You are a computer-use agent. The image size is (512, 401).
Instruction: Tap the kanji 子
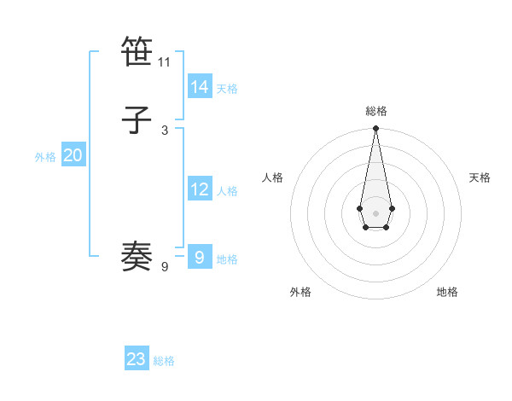point(137,120)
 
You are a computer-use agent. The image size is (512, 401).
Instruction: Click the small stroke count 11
point(164,63)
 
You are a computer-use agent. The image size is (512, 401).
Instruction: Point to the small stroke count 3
point(165,130)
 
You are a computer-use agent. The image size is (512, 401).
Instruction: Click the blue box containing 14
point(200,87)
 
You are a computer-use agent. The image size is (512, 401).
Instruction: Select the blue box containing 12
point(200,189)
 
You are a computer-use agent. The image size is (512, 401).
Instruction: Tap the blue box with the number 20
point(73,155)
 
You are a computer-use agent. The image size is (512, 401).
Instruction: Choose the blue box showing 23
point(137,359)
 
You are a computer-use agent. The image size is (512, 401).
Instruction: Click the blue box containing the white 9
point(200,257)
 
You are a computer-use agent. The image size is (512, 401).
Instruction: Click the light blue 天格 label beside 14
point(227,89)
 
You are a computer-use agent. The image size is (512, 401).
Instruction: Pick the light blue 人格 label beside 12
point(227,191)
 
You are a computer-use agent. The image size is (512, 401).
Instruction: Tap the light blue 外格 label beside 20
point(45,157)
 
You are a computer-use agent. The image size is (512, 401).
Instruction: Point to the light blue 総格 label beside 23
point(164,361)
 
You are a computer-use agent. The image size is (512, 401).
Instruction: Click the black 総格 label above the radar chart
point(375,111)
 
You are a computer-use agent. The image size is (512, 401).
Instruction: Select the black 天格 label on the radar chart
point(480,177)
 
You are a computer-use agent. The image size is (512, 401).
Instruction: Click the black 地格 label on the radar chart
point(447,292)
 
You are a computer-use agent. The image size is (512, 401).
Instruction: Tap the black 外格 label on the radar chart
point(300,292)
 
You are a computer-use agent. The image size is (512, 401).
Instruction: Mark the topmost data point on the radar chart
point(375,129)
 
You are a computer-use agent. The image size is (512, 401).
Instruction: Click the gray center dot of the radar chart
point(375,212)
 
